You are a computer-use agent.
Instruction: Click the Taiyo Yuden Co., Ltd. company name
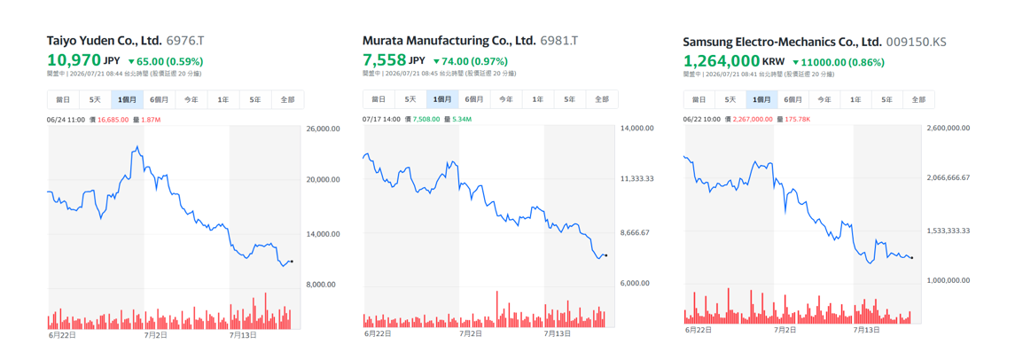[105, 41]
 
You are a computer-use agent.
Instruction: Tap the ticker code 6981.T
[559, 41]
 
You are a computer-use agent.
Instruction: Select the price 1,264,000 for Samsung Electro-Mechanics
[721, 61]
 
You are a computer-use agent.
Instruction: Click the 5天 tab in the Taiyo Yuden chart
[95, 99]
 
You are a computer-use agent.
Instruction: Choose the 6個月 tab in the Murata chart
[474, 99]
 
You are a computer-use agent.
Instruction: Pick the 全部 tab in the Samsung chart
[918, 99]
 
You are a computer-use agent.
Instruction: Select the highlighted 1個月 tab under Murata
[442, 99]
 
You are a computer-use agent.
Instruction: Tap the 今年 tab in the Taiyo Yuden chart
[191, 99]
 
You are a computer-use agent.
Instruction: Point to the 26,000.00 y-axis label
[323, 129]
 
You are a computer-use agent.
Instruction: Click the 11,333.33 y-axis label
[637, 179]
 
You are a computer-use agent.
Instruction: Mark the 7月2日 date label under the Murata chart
[470, 334]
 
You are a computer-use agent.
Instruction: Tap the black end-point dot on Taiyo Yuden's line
[292, 262]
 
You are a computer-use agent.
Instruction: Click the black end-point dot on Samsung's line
[911, 258]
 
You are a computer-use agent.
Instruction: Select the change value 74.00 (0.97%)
[475, 61]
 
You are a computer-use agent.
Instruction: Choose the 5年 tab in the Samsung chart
[886, 99]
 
